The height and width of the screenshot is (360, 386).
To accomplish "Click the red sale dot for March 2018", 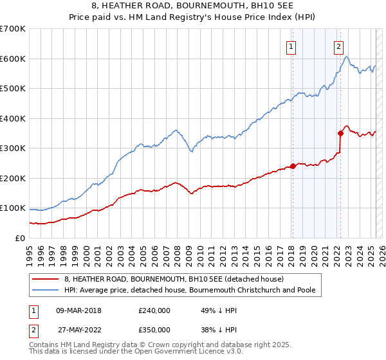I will [x=293, y=166].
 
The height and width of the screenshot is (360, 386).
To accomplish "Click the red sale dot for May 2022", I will [x=340, y=133].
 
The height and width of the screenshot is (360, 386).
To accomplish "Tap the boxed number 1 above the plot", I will [x=291, y=46].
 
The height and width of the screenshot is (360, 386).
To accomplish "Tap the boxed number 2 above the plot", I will [x=338, y=46].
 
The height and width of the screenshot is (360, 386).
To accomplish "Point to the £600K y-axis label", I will [x=13, y=59].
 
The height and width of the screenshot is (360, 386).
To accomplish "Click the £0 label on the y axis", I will [x=21, y=238].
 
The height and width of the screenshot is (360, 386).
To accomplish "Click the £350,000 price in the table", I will [x=154, y=329].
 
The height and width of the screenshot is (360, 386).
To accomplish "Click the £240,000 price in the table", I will [x=154, y=310].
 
